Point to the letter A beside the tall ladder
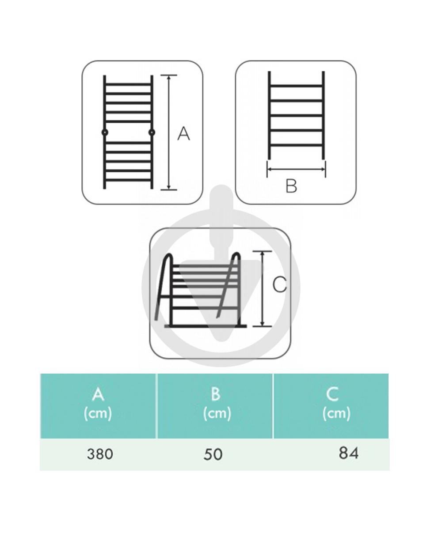click(183, 134)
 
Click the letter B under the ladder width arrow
click(291, 186)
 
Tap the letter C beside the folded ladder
click(279, 285)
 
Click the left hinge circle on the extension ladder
click(105, 132)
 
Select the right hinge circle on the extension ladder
click(152, 132)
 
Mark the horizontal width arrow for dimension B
click(296, 169)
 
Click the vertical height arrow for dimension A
click(169, 132)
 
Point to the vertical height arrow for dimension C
click(262, 288)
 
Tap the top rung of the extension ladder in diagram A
click(128, 84)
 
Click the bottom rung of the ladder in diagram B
click(296, 146)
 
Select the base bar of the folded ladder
click(206, 326)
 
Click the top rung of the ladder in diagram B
click(296, 86)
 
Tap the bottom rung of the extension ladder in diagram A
click(128, 180)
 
